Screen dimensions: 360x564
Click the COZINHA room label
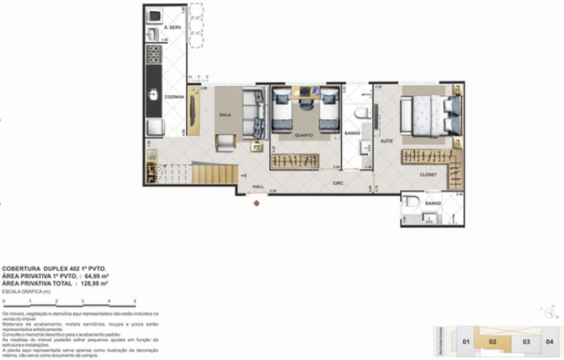click(174, 97)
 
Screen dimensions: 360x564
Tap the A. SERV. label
click(173, 27)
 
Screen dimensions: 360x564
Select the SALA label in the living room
click(225, 115)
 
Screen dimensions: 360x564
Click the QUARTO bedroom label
click(304, 135)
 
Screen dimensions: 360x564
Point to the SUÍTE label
click(386, 141)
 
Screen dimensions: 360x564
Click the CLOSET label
click(428, 174)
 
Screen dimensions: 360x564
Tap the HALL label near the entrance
click(258, 187)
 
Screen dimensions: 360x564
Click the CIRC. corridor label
click(338, 183)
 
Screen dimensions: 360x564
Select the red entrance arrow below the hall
click(256, 203)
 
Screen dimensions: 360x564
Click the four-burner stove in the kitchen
click(154, 54)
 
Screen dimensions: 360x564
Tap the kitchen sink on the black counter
click(153, 95)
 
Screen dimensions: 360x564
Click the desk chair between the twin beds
click(306, 104)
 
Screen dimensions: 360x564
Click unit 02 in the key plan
click(492, 342)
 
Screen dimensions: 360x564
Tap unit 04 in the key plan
click(549, 342)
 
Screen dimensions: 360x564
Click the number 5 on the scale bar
click(135, 301)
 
